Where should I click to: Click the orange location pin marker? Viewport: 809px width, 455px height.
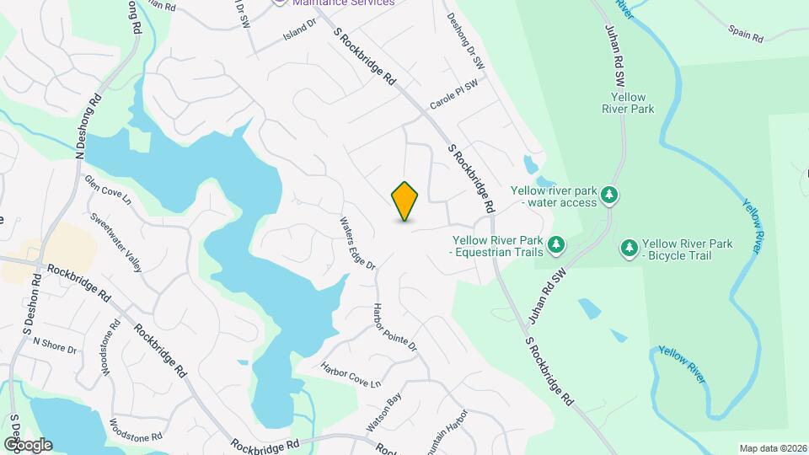(x=405, y=201)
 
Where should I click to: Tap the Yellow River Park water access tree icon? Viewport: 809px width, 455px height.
(x=608, y=196)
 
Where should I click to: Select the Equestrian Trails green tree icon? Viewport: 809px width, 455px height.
(x=555, y=245)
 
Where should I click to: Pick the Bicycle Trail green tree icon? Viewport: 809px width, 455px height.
(x=629, y=248)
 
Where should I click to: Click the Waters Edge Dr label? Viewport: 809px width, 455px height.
(x=356, y=244)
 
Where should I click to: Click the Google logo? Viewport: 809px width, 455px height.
(x=28, y=444)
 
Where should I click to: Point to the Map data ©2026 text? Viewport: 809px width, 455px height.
(x=772, y=448)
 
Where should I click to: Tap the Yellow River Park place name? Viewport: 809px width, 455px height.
(x=628, y=103)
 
